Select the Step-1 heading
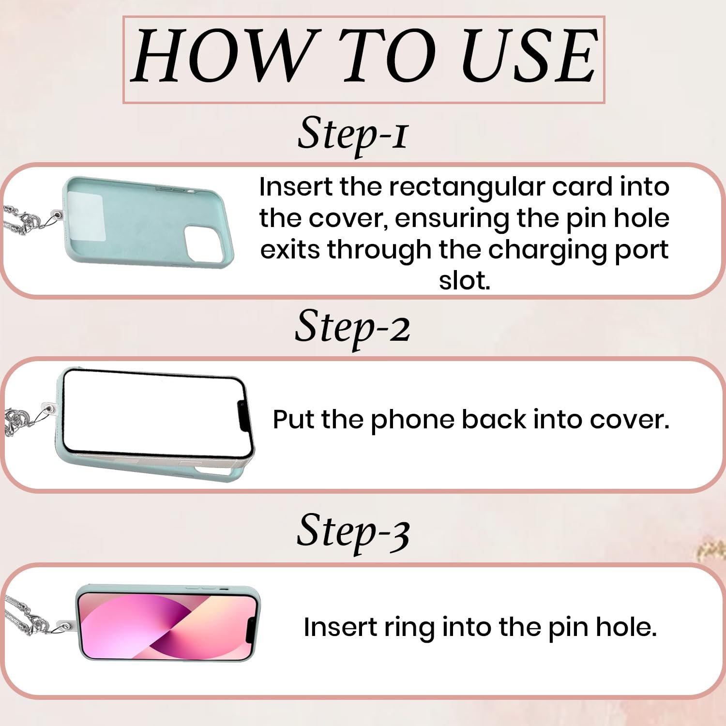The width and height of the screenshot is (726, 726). pos(353,134)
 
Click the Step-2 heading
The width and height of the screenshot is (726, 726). pos(353,328)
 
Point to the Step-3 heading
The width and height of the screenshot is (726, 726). pos(353,532)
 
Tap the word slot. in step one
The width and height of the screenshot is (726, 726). pos(464,281)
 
